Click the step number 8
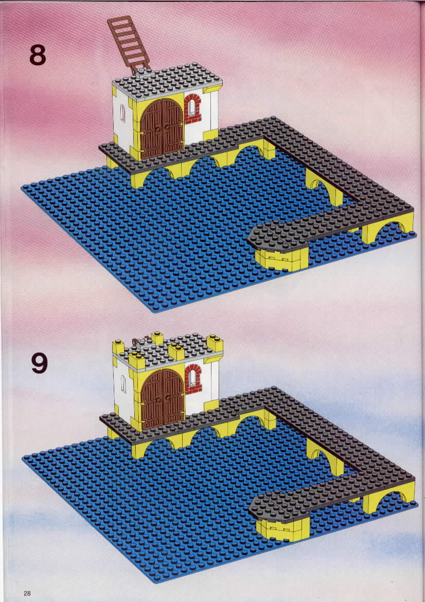(x=38, y=55)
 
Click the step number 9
(x=40, y=363)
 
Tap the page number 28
(x=27, y=593)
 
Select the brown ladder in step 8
(x=129, y=44)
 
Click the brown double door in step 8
(x=162, y=129)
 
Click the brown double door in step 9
(x=163, y=399)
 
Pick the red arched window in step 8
(x=192, y=108)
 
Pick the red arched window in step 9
(x=193, y=379)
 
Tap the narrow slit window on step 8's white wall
(x=123, y=113)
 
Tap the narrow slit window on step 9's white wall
(x=123, y=383)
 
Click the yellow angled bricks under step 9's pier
(x=283, y=529)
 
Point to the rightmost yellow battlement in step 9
(x=215, y=343)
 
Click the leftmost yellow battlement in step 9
(x=118, y=347)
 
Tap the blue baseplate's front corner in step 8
(x=154, y=311)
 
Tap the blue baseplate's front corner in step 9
(x=155, y=581)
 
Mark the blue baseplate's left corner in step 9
(x=23, y=457)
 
